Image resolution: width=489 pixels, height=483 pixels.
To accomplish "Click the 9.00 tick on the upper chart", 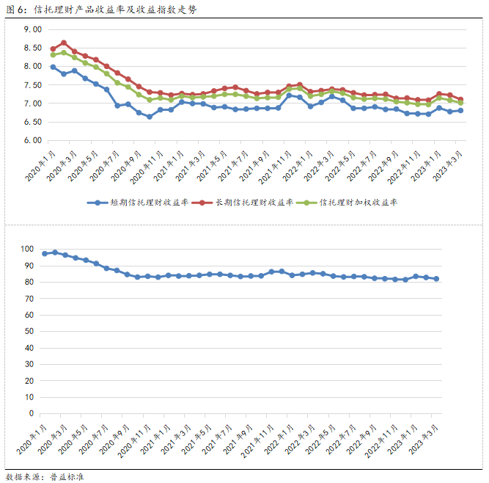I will point(32,29).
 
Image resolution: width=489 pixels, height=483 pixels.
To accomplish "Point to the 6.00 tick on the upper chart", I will point(32,141).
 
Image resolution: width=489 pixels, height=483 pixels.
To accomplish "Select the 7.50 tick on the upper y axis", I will point(32,85).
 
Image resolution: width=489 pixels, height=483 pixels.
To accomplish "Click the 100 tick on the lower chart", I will point(28,249).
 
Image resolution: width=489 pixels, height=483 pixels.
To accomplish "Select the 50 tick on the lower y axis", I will point(30,331).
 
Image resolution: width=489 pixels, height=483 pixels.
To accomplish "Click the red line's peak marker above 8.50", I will point(64,43).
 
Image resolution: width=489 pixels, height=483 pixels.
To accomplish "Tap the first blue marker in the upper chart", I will point(53,67).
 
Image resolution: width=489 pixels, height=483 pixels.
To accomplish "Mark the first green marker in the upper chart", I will point(53,55).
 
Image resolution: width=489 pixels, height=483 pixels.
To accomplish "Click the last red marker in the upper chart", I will point(460,99).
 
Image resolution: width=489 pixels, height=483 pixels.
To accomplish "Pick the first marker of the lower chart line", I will point(45,253).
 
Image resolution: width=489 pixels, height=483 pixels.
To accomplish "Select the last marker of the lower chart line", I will point(437,279).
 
